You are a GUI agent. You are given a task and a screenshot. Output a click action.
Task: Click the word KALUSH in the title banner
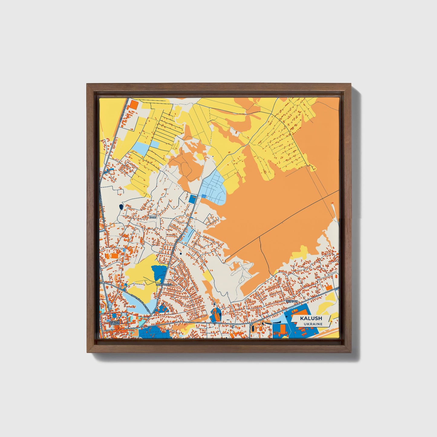[x=311, y=318]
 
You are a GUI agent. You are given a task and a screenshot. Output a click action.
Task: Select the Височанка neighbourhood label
[x=164, y=285]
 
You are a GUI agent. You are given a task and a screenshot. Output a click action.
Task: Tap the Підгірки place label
[x=292, y=302]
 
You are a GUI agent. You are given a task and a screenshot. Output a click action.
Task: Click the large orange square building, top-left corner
[x=134, y=105]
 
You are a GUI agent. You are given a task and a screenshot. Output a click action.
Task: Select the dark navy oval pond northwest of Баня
[x=121, y=207]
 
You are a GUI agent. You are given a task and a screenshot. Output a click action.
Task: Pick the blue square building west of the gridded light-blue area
[x=192, y=199]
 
